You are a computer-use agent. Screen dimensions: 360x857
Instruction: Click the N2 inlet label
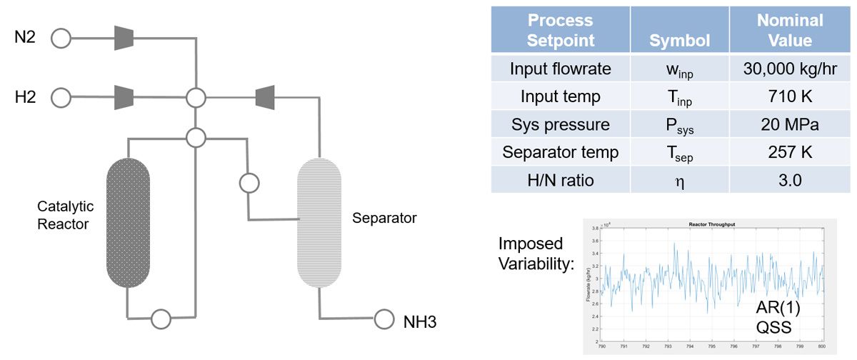pyautogui.click(x=26, y=37)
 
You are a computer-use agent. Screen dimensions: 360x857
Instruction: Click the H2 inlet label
pyautogui.click(x=26, y=96)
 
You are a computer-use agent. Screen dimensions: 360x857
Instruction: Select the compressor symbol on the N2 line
pyautogui.click(x=124, y=38)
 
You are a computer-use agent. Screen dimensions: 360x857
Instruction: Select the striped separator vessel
pyautogui.click(x=319, y=222)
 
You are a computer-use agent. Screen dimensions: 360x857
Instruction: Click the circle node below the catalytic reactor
pyautogui.click(x=161, y=317)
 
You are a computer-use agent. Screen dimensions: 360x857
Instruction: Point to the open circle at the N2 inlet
pyautogui.click(x=61, y=38)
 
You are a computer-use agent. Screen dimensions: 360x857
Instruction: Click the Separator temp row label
pyautogui.click(x=561, y=152)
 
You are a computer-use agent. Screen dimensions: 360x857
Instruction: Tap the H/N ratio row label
pyautogui.click(x=561, y=180)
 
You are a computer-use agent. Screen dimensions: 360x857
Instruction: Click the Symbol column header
pyautogui.click(x=679, y=41)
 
